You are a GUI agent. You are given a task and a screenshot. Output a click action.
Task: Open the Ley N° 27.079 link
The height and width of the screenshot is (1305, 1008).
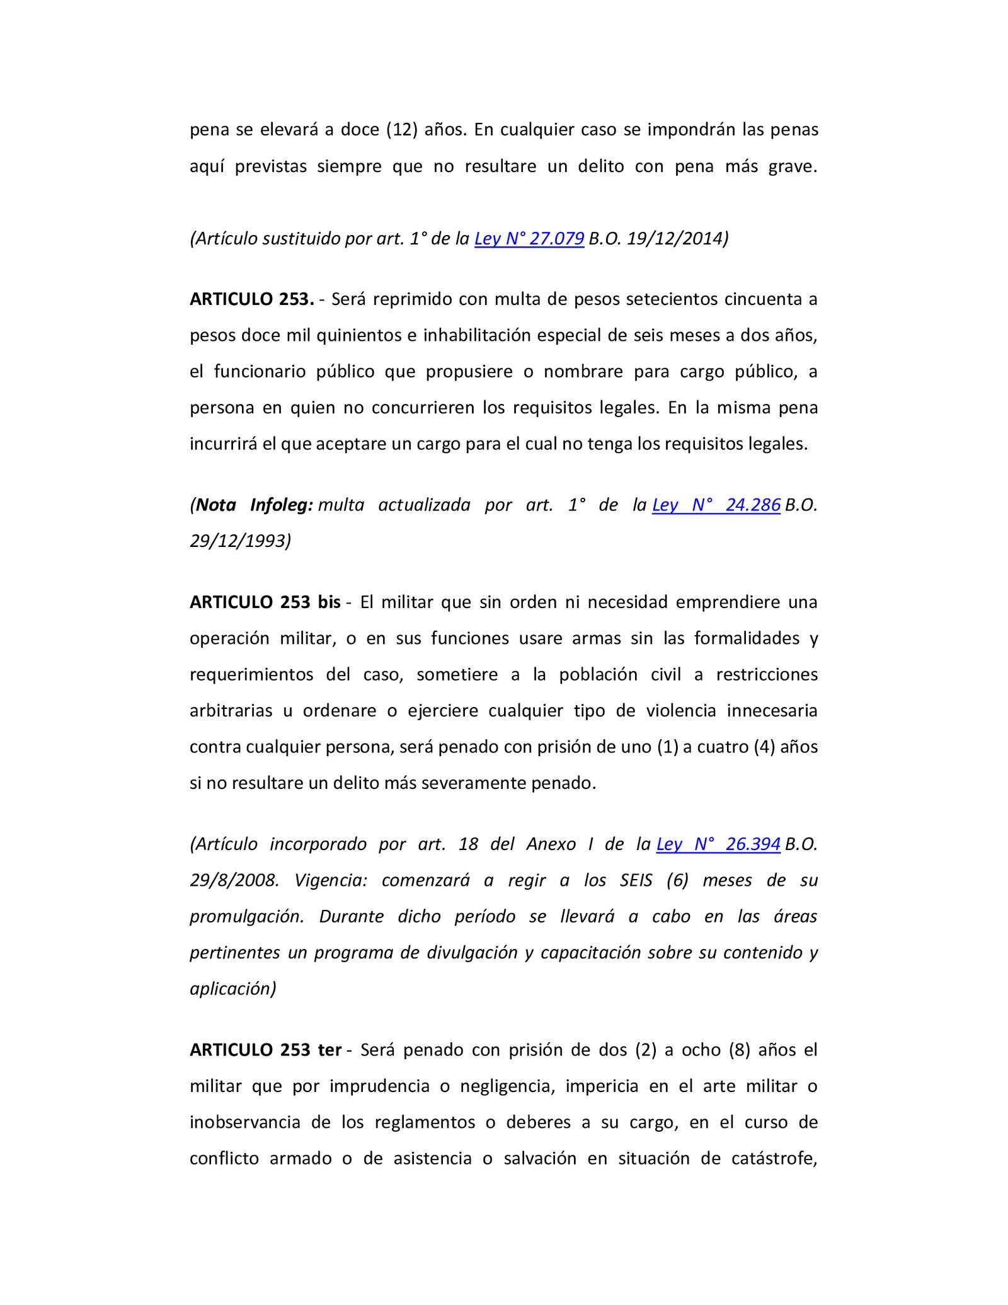click(529, 239)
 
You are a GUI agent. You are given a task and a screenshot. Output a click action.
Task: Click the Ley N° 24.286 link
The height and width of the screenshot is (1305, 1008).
click(716, 505)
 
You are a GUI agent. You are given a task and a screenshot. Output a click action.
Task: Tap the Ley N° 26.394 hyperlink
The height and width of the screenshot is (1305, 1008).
click(718, 844)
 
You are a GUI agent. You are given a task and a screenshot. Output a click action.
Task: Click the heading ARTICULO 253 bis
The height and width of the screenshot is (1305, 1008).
click(265, 602)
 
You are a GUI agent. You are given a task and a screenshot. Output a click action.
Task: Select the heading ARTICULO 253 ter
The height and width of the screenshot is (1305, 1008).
click(265, 1050)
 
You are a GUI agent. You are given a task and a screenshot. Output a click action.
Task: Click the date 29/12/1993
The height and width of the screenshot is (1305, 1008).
click(240, 541)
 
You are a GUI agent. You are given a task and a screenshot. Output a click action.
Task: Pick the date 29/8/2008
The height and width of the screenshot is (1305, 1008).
click(234, 880)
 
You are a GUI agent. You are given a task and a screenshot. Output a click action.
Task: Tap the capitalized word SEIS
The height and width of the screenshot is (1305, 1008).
click(636, 880)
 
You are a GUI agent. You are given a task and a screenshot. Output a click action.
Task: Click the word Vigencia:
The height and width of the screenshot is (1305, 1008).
click(331, 880)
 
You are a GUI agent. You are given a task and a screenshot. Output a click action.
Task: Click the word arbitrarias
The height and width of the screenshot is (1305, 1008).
click(231, 711)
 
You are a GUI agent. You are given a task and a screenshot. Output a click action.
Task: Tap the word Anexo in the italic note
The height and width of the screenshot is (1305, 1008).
click(551, 844)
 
